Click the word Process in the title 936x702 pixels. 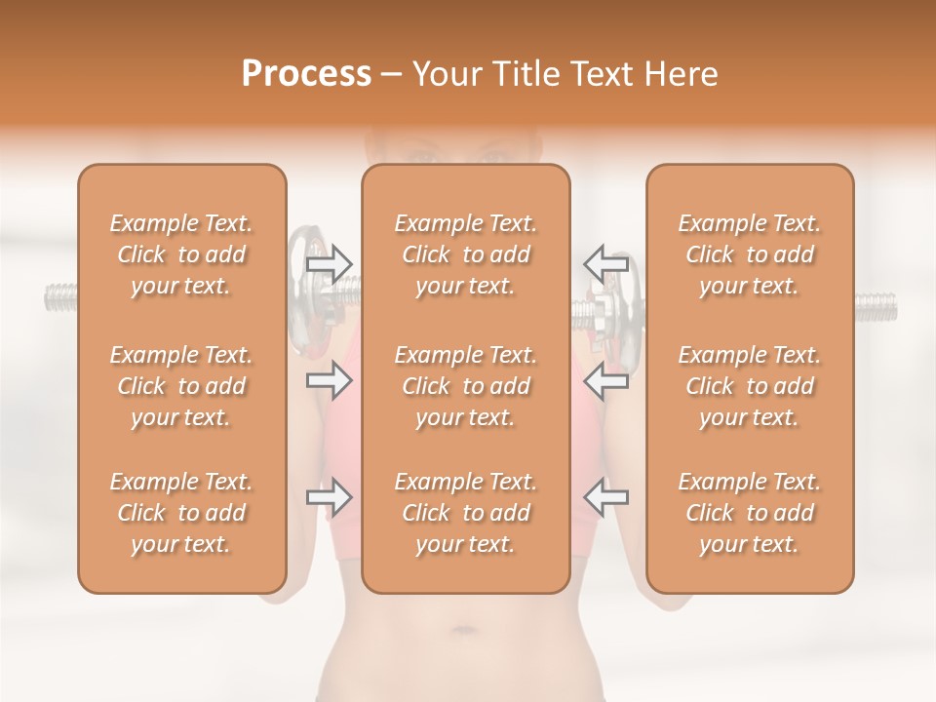(x=306, y=74)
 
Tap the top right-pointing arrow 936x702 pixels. (x=329, y=262)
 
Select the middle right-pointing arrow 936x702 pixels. (x=329, y=380)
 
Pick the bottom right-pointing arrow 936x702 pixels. (x=329, y=497)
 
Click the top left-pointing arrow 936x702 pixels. (x=605, y=262)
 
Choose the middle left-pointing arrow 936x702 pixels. (x=605, y=380)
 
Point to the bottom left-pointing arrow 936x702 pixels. (x=605, y=497)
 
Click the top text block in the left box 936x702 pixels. (x=181, y=254)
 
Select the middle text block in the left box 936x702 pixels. (x=181, y=386)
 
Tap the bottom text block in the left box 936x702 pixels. (x=181, y=513)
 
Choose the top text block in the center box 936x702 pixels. (x=466, y=254)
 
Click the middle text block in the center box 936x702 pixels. (x=466, y=386)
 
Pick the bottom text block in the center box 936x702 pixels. (x=466, y=513)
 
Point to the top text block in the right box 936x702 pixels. (x=750, y=254)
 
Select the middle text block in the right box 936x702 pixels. (x=750, y=386)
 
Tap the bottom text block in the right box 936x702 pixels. (x=750, y=513)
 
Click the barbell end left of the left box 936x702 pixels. (x=60, y=296)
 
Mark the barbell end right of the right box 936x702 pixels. (x=876, y=307)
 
